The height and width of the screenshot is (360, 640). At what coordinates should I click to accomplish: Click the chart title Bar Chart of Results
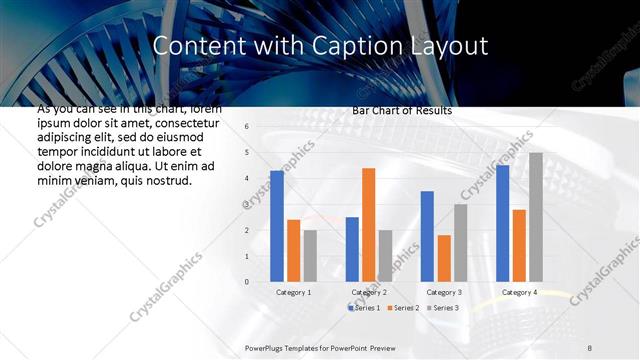tap(402, 110)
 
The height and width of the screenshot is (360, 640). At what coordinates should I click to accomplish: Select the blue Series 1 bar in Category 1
tap(277, 226)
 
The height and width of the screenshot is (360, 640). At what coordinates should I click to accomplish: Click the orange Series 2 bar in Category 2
tap(369, 225)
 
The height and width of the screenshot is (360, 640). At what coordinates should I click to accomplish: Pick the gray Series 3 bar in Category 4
tap(536, 217)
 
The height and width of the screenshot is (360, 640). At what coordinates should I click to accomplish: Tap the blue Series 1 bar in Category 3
tap(427, 236)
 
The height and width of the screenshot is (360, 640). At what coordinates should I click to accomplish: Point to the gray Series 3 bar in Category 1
tap(310, 256)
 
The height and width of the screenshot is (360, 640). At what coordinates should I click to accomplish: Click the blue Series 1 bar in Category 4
tap(502, 223)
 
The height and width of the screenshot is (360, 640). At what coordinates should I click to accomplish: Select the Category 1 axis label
tap(293, 292)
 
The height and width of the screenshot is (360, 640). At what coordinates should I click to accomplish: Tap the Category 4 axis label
tap(519, 292)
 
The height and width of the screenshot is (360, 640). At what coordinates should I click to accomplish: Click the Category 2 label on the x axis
tap(369, 292)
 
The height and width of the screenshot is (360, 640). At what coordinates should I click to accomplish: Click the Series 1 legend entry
tap(364, 307)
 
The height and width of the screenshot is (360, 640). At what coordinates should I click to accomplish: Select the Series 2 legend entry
tap(403, 307)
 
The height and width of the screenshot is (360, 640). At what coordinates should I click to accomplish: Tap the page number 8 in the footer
tap(590, 347)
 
